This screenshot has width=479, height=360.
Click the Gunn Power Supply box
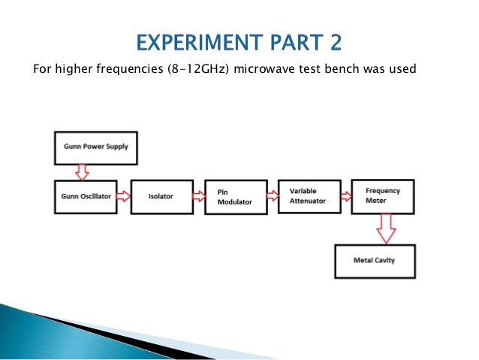(x=95, y=148)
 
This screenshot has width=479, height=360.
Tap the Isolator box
(x=161, y=197)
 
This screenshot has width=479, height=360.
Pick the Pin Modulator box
(x=236, y=197)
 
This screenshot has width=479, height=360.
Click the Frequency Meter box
(x=384, y=196)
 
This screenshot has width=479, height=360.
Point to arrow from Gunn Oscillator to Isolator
(x=124, y=197)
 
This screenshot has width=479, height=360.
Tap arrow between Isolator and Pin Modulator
(x=198, y=197)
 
